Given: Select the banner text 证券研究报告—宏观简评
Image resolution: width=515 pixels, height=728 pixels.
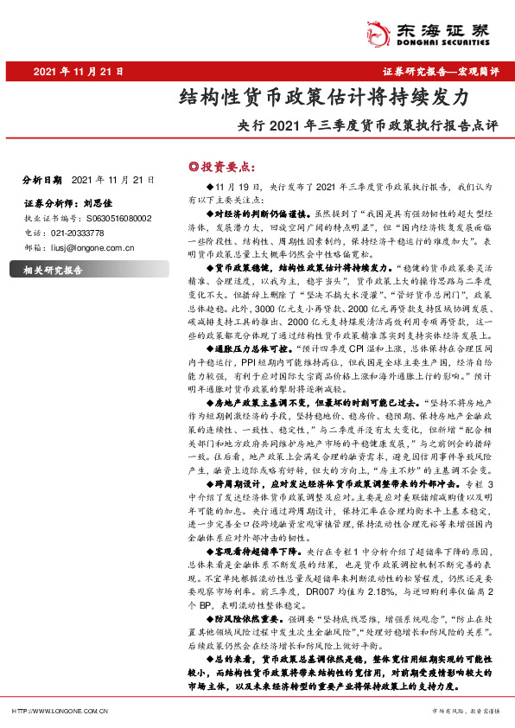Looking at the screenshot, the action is tap(441, 73).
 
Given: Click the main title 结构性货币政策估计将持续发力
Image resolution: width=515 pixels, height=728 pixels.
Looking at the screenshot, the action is tap(323, 98).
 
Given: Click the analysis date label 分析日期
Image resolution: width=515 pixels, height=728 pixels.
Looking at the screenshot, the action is tap(41, 181).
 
